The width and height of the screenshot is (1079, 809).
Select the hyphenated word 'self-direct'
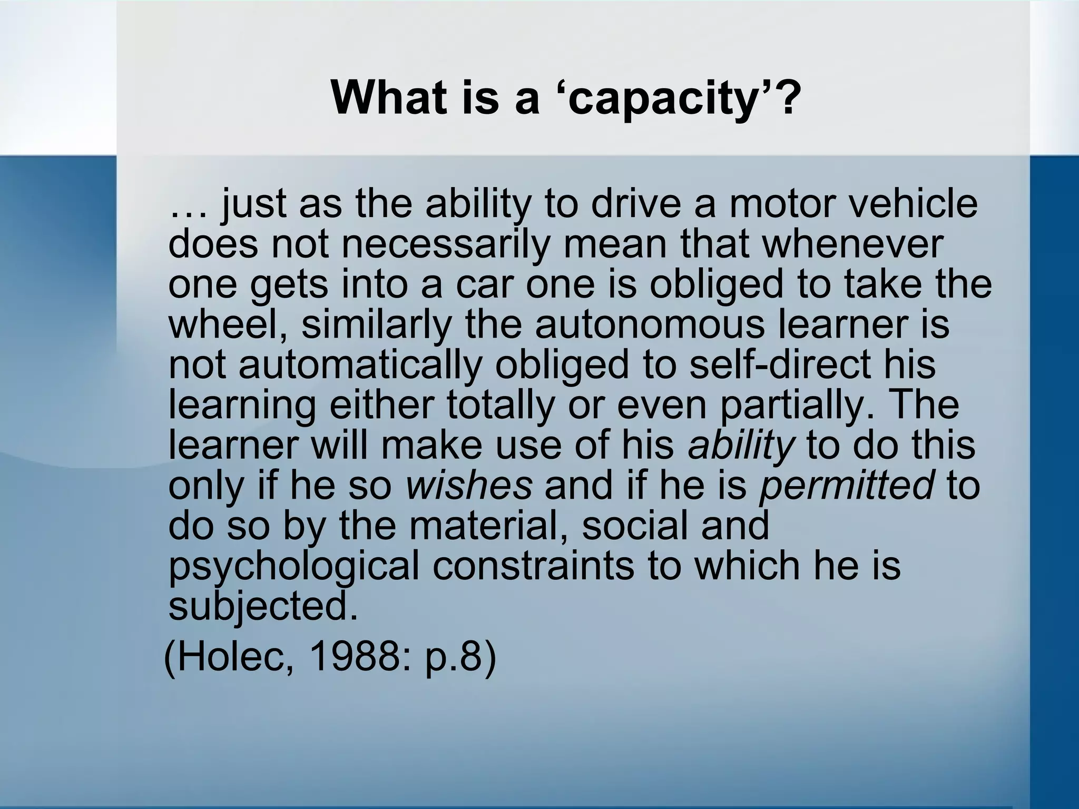tap(780, 364)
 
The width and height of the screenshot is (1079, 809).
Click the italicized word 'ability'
tap(740, 445)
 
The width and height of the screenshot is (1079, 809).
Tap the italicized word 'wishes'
tap(469, 485)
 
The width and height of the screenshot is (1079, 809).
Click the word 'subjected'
tap(258, 606)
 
